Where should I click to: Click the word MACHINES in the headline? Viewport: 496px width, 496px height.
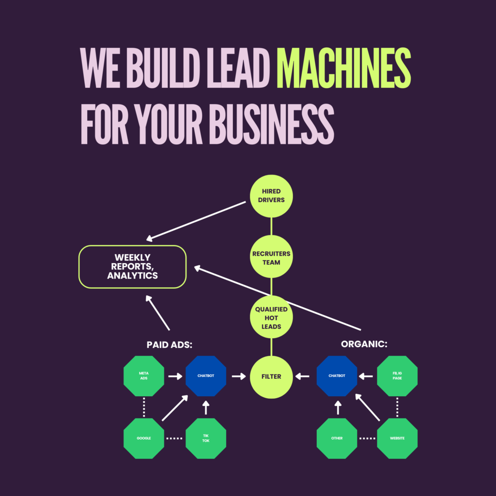click(343, 68)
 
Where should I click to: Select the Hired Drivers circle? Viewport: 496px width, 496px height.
click(271, 196)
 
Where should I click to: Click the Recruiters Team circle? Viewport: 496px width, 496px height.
click(271, 258)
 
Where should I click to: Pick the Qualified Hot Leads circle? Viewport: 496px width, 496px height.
click(271, 317)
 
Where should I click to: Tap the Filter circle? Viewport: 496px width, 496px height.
click(271, 376)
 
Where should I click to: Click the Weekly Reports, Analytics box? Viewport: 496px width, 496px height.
click(133, 267)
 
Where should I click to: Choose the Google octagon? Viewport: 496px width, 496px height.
click(144, 438)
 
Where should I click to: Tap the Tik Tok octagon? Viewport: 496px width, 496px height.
click(206, 438)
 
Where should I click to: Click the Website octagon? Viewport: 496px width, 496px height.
click(397, 438)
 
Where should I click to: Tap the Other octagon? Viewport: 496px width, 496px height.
click(337, 438)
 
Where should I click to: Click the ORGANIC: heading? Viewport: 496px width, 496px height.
click(364, 344)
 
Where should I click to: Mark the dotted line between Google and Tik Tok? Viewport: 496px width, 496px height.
click(175, 438)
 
